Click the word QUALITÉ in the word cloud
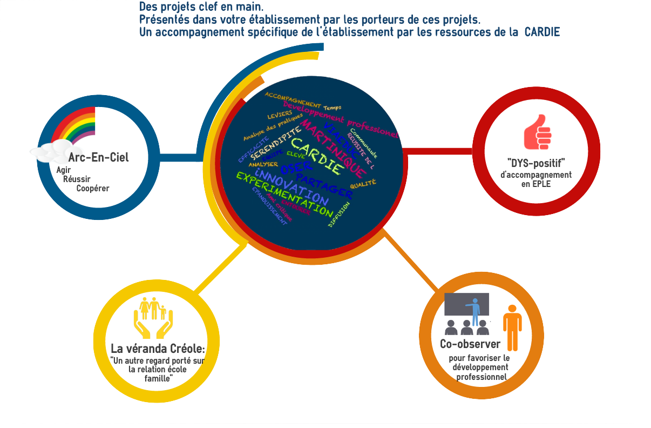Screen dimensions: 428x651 363,184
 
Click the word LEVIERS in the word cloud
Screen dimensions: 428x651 280,115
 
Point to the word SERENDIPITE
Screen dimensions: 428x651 276,144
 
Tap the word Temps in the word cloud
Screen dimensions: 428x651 333,108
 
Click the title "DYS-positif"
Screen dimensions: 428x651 537,163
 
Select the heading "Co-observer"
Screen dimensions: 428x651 470,344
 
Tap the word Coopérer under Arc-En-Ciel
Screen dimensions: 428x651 93,188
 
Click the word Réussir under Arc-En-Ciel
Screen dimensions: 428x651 77,179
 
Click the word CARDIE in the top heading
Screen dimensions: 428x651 542,32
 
